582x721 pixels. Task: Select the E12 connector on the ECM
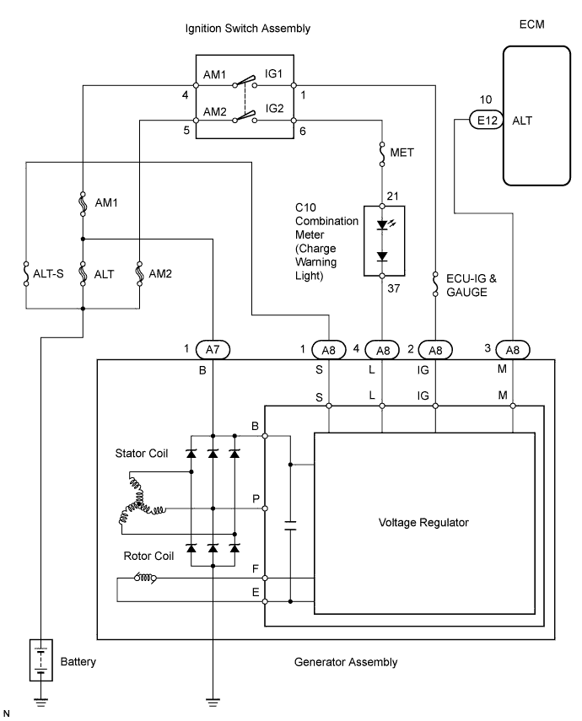[x=486, y=121]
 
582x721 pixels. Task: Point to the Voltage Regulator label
[x=424, y=523]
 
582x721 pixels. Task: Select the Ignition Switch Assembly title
[x=248, y=29]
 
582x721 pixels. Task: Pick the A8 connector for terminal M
[x=513, y=348]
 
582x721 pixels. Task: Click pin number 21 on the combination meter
[x=391, y=196]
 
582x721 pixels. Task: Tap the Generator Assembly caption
[x=347, y=662]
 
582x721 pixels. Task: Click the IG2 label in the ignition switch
[x=276, y=110]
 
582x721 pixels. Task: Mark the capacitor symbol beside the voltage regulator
[x=290, y=526]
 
